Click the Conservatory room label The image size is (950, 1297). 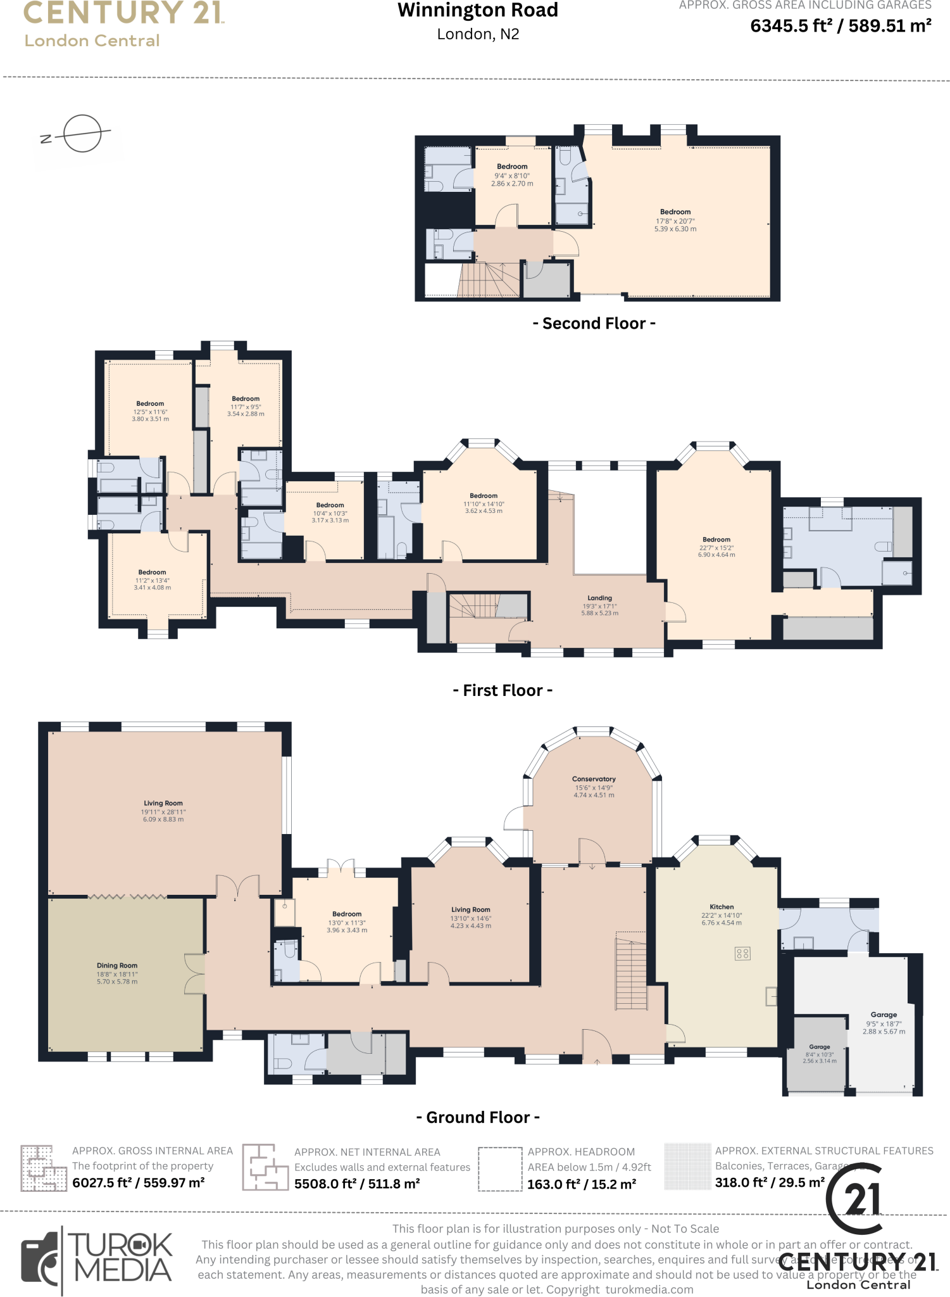click(593, 779)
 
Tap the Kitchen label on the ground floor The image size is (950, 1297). click(721, 907)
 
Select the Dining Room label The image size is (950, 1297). click(117, 966)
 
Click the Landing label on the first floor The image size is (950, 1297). click(599, 598)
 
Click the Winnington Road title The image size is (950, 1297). click(478, 11)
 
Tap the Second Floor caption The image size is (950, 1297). click(594, 324)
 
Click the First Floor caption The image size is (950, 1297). click(503, 690)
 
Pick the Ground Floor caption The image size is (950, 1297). click(478, 1117)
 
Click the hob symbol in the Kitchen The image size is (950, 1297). click(742, 953)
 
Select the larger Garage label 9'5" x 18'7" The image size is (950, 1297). click(884, 1015)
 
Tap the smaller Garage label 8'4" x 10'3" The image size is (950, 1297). click(819, 1047)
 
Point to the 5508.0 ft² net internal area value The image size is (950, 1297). click(357, 1184)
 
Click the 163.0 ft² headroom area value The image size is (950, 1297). click(581, 1184)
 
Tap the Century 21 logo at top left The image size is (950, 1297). click(123, 24)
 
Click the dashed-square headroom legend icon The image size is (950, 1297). click(499, 1169)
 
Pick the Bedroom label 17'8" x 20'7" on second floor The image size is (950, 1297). click(675, 212)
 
